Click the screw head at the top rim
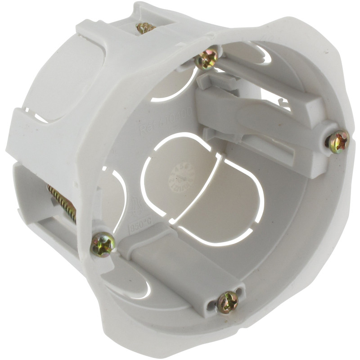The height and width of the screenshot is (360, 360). tap(207, 58)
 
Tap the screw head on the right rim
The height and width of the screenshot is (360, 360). tap(337, 141)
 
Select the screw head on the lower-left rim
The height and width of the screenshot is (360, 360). tap(103, 244)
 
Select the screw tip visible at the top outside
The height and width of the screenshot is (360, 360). tap(145, 28)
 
